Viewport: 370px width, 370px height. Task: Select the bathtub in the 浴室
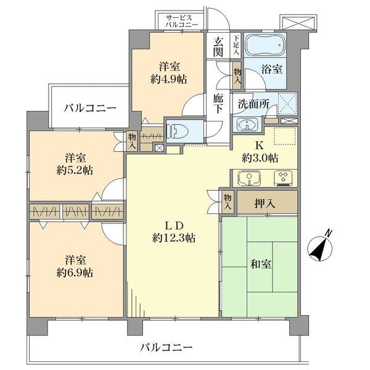pos(264,46)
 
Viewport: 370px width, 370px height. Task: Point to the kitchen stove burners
pos(284,178)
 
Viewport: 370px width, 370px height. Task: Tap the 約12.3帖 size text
pos(174,238)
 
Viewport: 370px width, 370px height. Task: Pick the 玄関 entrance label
pos(218,47)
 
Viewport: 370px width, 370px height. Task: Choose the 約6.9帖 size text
pos(75,271)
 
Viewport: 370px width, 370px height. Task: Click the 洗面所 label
pos(253,104)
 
